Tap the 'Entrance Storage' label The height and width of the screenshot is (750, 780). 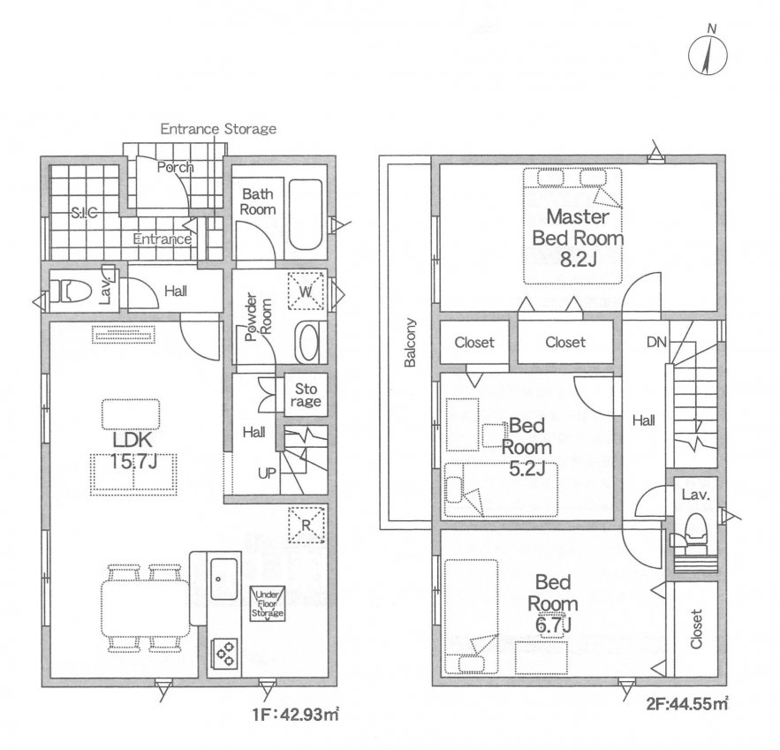pos(218,129)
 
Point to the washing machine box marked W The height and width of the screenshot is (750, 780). pos(306,291)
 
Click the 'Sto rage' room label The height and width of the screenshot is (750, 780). pos(306,394)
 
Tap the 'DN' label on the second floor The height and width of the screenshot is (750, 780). pos(655,342)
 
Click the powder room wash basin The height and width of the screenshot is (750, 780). pos(307,342)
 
